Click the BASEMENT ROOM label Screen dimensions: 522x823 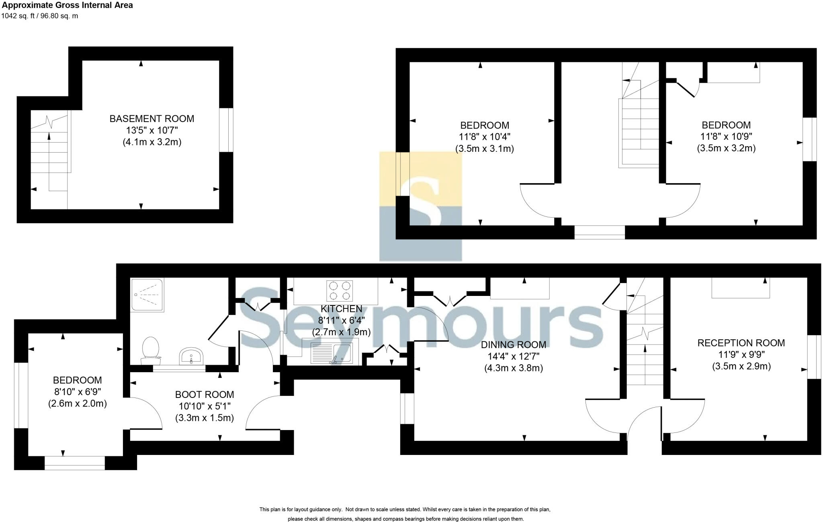tap(151, 118)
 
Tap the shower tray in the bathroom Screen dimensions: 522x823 tap(147, 295)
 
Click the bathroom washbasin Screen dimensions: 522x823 tap(192, 356)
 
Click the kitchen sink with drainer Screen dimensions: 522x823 tap(332, 353)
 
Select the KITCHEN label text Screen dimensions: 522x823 tap(341, 309)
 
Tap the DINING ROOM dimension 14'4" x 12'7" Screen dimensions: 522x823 tap(514, 356)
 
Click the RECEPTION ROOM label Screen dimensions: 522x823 tap(741, 343)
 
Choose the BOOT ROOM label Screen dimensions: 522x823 tap(204, 394)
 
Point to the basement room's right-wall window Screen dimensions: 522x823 tap(226, 130)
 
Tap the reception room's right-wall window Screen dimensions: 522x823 tap(814, 357)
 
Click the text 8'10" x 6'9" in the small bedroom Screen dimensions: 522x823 tap(77, 391)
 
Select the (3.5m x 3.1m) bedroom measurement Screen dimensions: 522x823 tap(484, 149)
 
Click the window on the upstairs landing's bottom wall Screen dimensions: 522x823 tap(599, 232)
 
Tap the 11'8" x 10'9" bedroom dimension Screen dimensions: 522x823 tap(726, 137)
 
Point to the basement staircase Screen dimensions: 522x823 tap(50, 153)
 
